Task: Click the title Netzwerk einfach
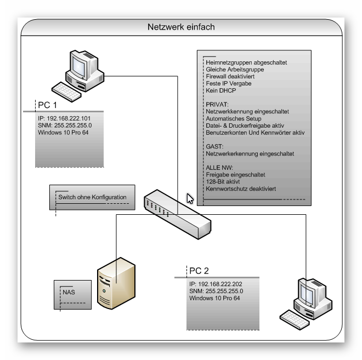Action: (x=181, y=27)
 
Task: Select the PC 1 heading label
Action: (x=47, y=105)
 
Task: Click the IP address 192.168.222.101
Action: (x=69, y=118)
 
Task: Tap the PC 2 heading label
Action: (x=199, y=271)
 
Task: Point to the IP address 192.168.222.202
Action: (x=220, y=284)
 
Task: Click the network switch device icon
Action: (x=177, y=214)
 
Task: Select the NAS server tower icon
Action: (x=116, y=283)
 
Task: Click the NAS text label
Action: (x=69, y=292)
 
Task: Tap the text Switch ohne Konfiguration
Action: (x=92, y=197)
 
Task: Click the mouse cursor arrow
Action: (x=190, y=198)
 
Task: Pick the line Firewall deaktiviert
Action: (x=230, y=76)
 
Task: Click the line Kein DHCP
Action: (x=220, y=90)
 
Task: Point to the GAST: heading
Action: (x=214, y=146)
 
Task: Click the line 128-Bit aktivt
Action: (x=223, y=181)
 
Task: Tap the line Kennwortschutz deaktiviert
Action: (x=241, y=188)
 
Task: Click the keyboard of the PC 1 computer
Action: (x=66, y=92)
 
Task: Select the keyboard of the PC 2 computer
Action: (x=295, y=319)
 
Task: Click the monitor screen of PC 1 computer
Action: (x=78, y=67)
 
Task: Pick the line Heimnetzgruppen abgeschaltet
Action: (x=246, y=62)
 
